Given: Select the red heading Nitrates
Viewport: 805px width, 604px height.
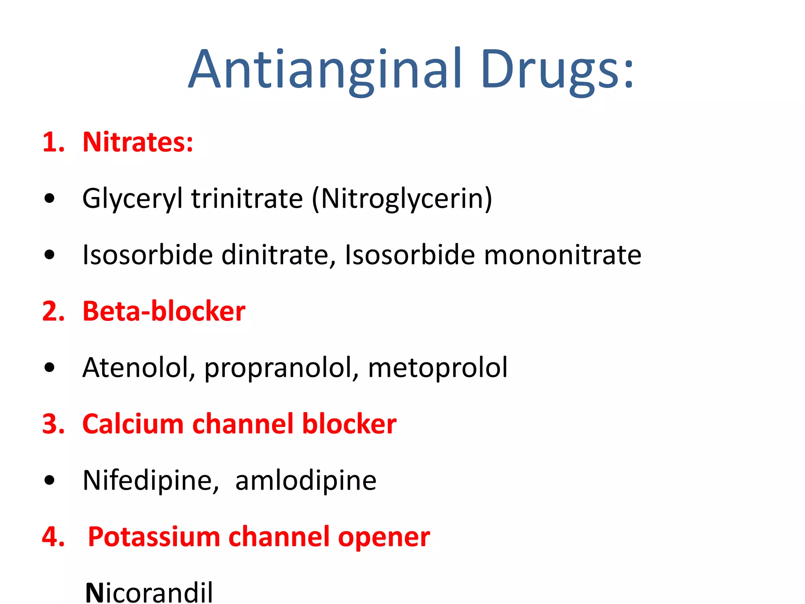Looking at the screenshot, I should (138, 142).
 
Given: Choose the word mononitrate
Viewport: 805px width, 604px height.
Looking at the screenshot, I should (562, 255).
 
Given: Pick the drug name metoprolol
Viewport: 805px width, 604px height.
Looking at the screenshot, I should (437, 368).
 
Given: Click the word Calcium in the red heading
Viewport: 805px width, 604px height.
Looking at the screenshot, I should (133, 424).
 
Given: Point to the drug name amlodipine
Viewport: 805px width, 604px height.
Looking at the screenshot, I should (306, 481).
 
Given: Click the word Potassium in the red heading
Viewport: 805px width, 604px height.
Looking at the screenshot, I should (154, 537).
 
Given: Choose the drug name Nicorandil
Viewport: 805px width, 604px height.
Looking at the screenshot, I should (149, 592).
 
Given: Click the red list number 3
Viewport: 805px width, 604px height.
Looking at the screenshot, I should (53, 424).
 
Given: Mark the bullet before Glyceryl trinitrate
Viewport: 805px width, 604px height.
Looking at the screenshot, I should (50, 199).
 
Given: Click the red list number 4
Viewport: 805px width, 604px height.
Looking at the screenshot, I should (53, 537).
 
